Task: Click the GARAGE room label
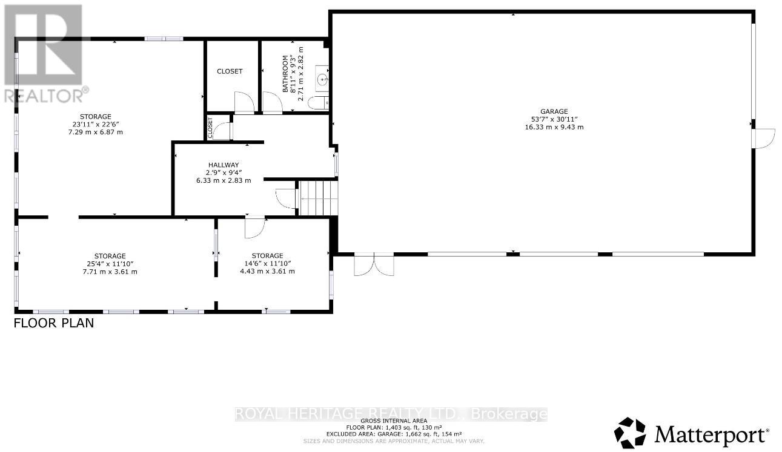554,111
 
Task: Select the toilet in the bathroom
318,103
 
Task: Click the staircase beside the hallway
317,198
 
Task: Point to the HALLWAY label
224,165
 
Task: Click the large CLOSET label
230,71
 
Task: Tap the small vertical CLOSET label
210,128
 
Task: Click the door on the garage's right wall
764,139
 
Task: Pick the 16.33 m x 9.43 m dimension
554,127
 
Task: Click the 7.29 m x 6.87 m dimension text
95,132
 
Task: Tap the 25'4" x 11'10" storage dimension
110,264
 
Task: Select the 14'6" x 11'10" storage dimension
267,264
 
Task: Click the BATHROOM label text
285,74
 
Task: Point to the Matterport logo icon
630,433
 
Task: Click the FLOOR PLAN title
54,323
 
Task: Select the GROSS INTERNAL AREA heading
394,421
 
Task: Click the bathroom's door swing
273,103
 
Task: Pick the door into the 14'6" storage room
255,228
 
